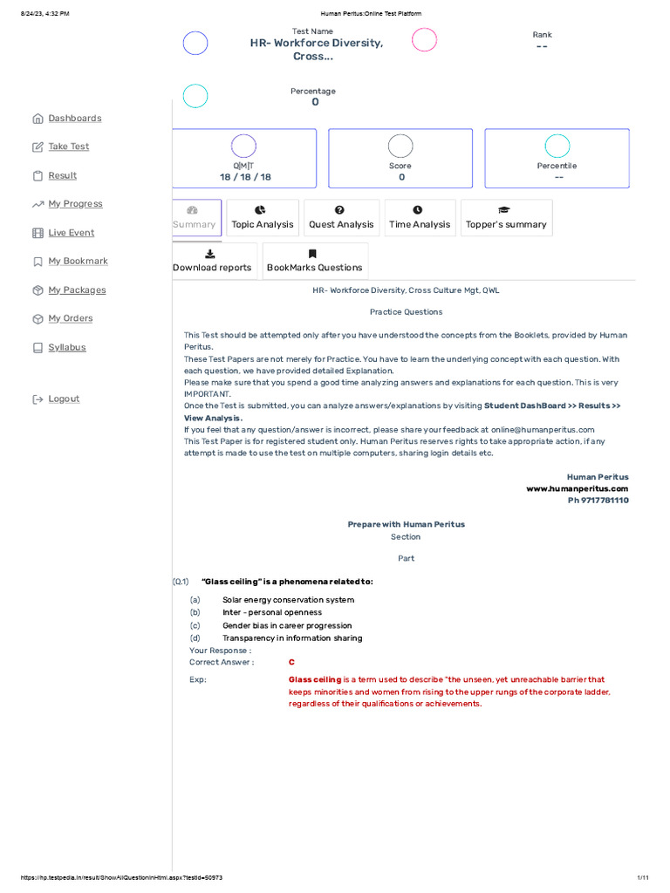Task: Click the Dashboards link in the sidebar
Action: point(74,119)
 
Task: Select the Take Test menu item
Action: point(68,147)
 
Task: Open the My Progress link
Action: point(75,204)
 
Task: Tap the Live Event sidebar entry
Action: point(71,233)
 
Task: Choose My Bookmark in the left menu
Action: point(78,261)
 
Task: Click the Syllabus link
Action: point(66,347)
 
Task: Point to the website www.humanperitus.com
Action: point(577,489)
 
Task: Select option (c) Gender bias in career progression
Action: point(287,625)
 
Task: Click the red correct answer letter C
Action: point(291,662)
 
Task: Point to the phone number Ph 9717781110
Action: point(598,501)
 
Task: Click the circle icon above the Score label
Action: point(400,147)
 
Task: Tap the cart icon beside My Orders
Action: point(38,319)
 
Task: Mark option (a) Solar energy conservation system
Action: point(288,600)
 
